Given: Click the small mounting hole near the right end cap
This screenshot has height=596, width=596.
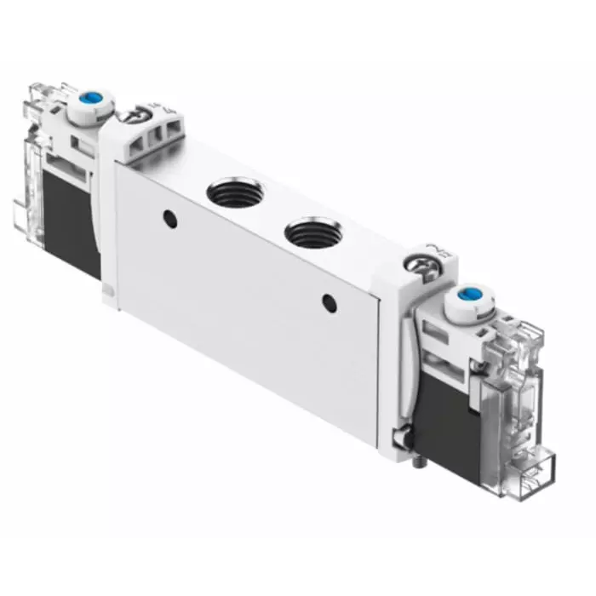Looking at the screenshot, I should coord(327,301).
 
